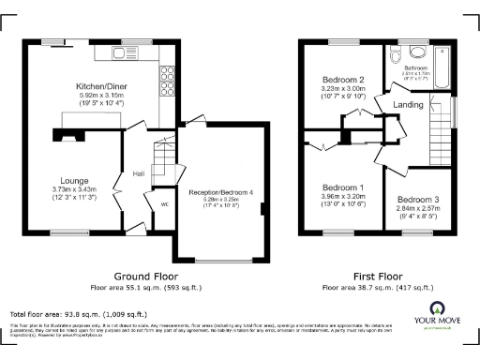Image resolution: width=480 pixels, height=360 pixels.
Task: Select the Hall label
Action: coord(138,173)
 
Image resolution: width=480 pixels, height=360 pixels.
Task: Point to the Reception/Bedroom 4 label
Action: coord(221,192)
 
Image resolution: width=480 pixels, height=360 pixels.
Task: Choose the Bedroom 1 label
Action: coord(341,188)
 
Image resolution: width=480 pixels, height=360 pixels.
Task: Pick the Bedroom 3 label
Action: coord(416,200)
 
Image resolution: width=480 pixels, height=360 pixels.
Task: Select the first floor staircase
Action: coord(439,131)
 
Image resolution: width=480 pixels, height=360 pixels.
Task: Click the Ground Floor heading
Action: coord(145,276)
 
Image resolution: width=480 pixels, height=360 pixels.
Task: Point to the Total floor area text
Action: coord(78,313)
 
